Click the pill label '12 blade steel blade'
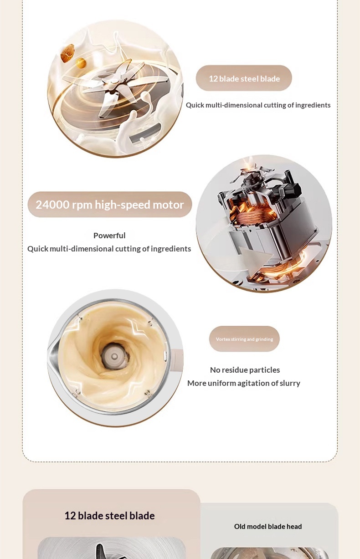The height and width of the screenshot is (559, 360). click(x=244, y=78)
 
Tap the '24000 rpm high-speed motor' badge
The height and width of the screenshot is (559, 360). click(x=110, y=205)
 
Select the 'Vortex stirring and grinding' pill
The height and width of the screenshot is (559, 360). click(x=244, y=339)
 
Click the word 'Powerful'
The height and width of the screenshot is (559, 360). click(x=109, y=236)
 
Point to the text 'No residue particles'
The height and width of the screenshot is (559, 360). click(x=245, y=370)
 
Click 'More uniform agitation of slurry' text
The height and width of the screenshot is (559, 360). click(x=244, y=383)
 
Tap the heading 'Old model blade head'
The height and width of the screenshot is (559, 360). click(x=268, y=526)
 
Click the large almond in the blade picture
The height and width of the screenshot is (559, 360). click(x=67, y=53)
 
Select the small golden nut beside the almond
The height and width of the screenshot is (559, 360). click(x=81, y=63)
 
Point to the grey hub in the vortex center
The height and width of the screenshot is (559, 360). click(x=114, y=356)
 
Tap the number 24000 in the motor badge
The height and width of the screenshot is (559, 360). click(x=52, y=205)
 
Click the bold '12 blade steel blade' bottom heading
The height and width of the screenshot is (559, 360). click(x=110, y=516)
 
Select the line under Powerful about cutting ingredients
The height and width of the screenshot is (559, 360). click(x=109, y=249)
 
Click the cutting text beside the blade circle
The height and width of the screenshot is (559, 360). click(x=258, y=105)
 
